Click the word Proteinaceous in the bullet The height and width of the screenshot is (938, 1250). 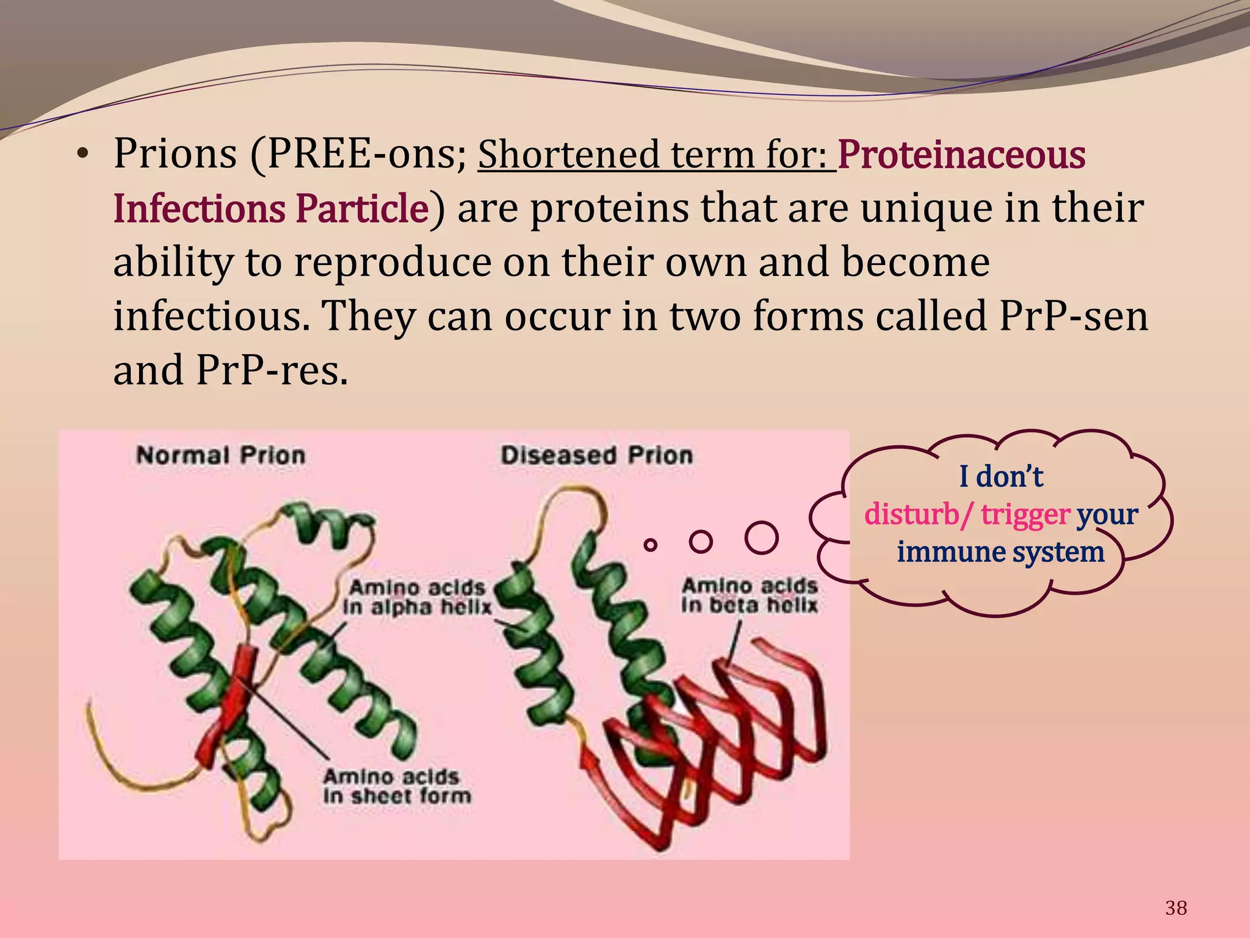pos(961,155)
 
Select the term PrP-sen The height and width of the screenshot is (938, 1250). pos(1073,316)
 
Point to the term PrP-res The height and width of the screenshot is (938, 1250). pos(272,370)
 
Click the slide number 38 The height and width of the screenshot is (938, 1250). pos(1176,908)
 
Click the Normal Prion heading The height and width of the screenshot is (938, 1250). pos(220,456)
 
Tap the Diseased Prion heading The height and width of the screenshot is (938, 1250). pos(596,456)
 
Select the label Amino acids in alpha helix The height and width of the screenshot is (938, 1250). pos(417,597)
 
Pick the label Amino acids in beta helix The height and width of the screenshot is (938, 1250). pos(750,595)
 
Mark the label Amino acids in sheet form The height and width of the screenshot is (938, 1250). pos(397,787)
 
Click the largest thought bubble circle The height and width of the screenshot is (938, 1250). pos(762,538)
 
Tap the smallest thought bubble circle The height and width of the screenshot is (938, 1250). pos(651,544)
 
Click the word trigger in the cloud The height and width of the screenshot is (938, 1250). pos(1025,514)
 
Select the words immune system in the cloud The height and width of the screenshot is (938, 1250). pos(1000,552)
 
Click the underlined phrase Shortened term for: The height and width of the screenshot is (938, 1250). pos(656,155)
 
